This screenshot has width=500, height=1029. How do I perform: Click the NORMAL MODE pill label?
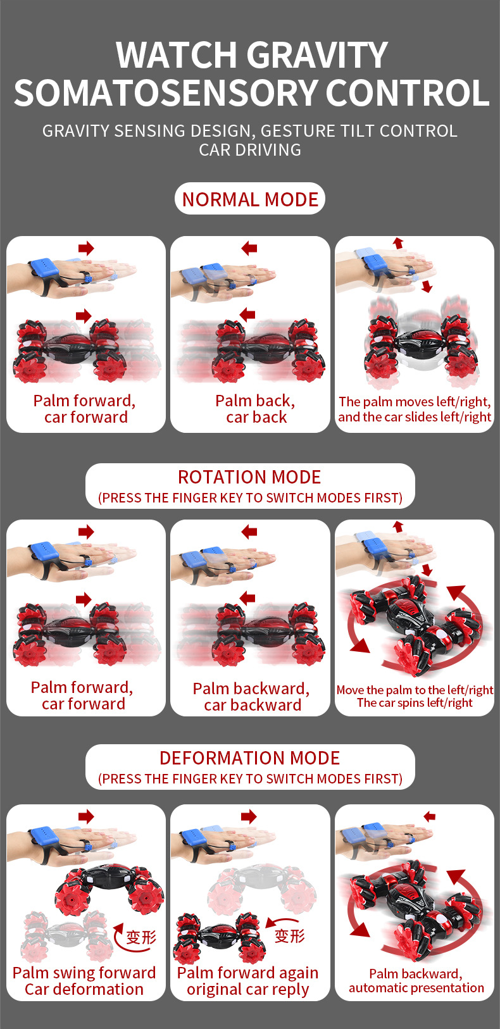pyautogui.click(x=250, y=199)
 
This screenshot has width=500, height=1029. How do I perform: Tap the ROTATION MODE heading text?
pyautogui.click(x=249, y=477)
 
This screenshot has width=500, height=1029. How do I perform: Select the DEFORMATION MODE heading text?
pyautogui.click(x=249, y=758)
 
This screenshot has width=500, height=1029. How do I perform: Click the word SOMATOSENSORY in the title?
pyautogui.click(x=166, y=93)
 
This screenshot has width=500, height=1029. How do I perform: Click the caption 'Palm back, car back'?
pyautogui.click(x=256, y=409)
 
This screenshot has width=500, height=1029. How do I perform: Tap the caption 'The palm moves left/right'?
pyautogui.click(x=415, y=401)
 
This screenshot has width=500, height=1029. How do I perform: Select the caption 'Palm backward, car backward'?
pyautogui.click(x=251, y=696)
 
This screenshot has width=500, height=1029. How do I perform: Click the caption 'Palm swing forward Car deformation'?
pyautogui.click(x=84, y=981)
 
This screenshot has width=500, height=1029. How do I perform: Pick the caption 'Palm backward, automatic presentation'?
pyautogui.click(x=416, y=980)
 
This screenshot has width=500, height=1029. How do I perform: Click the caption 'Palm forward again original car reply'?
pyautogui.click(x=247, y=982)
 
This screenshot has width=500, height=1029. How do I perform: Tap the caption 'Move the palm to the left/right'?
pyautogui.click(x=415, y=690)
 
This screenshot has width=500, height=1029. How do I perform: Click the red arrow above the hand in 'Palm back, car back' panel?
pyautogui.click(x=249, y=249)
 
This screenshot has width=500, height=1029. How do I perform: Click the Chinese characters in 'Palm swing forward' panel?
pyautogui.click(x=141, y=937)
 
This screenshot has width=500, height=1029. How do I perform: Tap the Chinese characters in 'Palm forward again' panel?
pyautogui.click(x=289, y=936)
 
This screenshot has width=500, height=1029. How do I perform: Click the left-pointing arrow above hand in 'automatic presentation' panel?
pyautogui.click(x=429, y=816)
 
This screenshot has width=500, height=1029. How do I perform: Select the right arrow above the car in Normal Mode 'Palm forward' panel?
pyautogui.click(x=84, y=316)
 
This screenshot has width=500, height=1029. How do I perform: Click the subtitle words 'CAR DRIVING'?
pyautogui.click(x=250, y=150)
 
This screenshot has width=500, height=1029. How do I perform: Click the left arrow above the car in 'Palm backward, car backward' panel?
pyautogui.click(x=247, y=598)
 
